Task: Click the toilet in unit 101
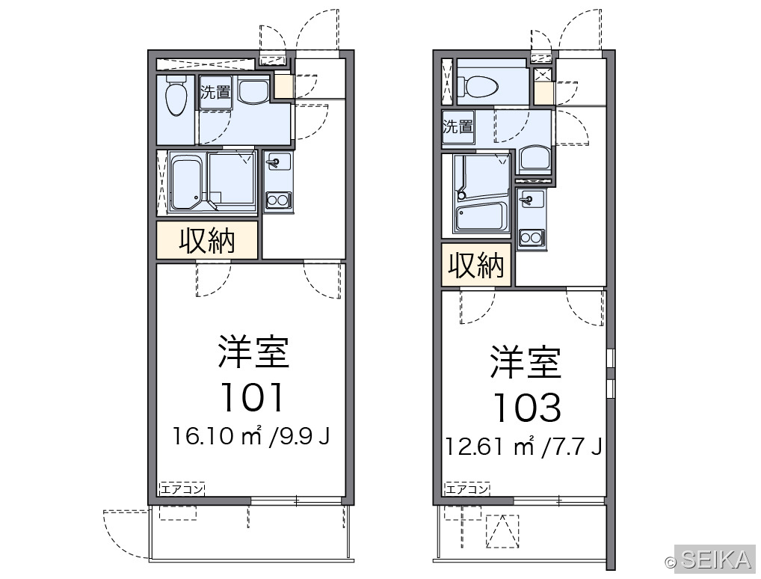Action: coord(176,95)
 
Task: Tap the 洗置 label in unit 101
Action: coord(215,92)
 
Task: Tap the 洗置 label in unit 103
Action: coord(457,126)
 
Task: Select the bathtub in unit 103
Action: coord(481,217)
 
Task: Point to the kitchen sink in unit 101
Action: coord(277,162)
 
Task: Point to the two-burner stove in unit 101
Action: coord(277,200)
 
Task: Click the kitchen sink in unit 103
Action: coord(531,198)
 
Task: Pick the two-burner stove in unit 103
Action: coord(531,238)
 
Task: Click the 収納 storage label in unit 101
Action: coord(207,240)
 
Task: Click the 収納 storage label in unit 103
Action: coord(476,266)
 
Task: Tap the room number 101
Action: coord(252,397)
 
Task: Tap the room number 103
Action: coord(527,407)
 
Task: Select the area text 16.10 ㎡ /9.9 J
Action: coord(251,435)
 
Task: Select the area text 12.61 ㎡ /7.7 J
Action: coord(524,446)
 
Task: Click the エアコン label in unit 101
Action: coord(182,488)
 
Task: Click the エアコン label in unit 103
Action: coord(467,488)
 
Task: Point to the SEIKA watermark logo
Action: coord(709,560)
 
